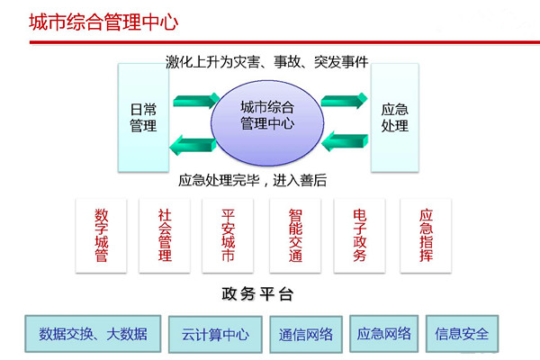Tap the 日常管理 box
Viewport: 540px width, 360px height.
pos(142,117)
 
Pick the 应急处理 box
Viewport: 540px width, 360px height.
pos(394,117)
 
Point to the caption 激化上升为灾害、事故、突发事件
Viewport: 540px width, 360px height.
pos(267,62)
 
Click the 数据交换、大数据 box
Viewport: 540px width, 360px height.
pos(93,334)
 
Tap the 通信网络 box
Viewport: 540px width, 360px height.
pos(306,335)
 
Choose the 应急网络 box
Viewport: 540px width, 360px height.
pos(384,334)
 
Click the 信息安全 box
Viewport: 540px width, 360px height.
pos(462,334)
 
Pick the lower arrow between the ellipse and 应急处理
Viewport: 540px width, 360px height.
pos(345,139)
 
